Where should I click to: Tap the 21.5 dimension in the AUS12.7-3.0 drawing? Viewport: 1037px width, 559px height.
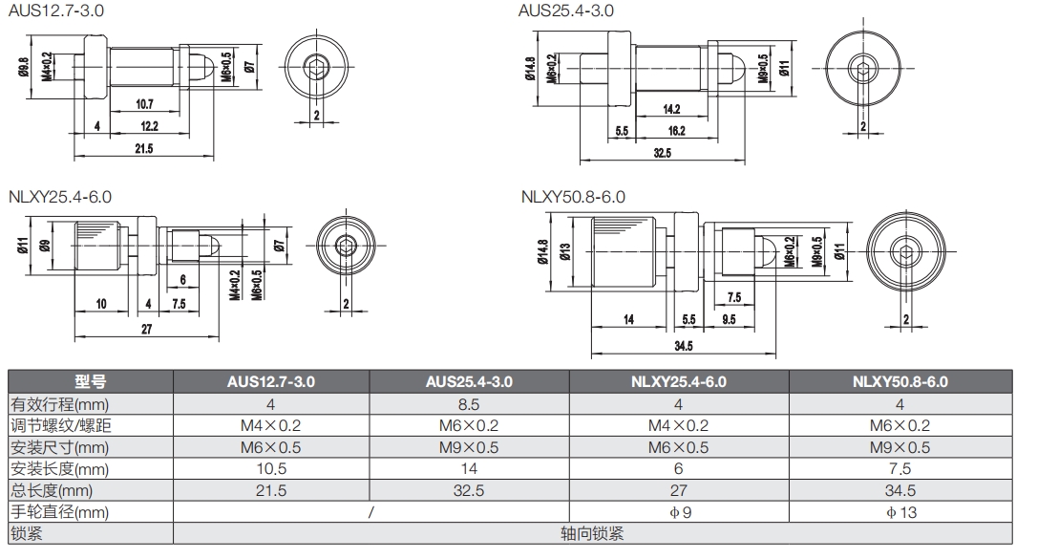[144, 149]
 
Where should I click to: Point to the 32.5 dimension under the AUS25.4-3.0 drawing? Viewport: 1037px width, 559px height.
[662, 153]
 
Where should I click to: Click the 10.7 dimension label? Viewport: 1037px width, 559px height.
[144, 104]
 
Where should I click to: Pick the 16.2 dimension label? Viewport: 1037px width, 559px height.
[675, 131]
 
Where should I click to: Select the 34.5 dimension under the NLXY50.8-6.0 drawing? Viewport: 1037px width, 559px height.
[683, 345]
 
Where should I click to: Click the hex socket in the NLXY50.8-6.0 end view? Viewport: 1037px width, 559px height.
[906, 251]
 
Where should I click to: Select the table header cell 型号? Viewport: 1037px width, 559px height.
[91, 381]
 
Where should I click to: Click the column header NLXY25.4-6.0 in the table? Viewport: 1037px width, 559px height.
[678, 381]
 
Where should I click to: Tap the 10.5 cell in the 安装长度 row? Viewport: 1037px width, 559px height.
[271, 468]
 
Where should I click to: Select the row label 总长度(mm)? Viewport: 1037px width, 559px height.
[58, 490]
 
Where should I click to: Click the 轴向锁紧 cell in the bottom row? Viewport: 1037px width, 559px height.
[592, 534]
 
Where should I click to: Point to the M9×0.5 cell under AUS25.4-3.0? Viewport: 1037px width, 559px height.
[469, 446]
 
